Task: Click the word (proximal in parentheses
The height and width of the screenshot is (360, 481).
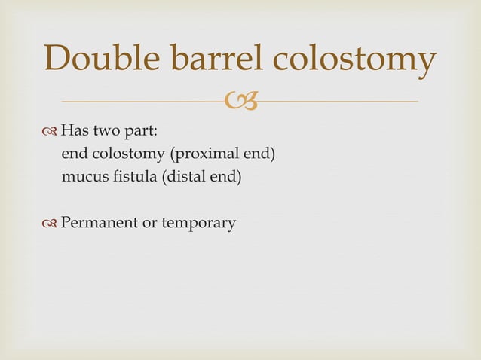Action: click(201, 156)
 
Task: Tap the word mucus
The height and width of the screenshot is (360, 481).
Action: click(83, 179)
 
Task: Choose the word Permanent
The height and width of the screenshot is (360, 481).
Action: click(95, 223)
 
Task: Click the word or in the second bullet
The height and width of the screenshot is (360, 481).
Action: click(143, 224)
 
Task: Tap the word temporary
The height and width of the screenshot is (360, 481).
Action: click(195, 224)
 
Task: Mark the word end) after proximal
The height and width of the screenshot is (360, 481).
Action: click(259, 156)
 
